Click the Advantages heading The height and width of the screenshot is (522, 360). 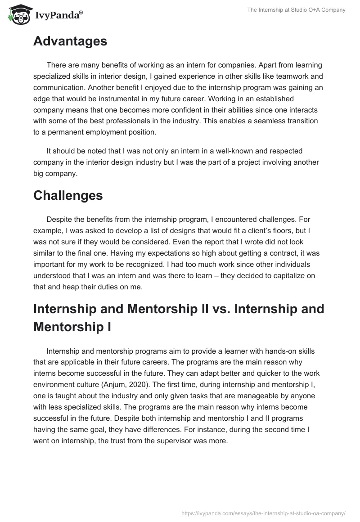coord(70,41)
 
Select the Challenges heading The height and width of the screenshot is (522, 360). coord(68,195)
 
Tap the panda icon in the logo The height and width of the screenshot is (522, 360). coord(16,15)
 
